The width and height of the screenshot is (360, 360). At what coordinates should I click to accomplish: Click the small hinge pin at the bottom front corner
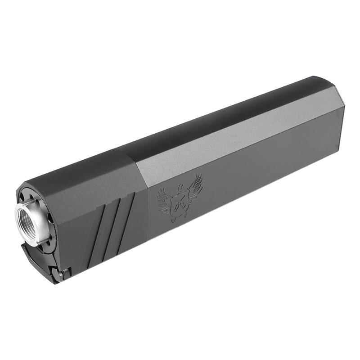coord(66,273)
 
